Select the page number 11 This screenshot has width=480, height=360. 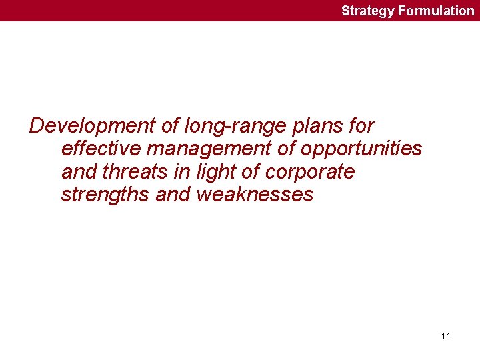(x=445, y=336)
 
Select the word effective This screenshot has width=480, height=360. (x=101, y=149)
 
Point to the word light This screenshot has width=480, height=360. (x=223, y=172)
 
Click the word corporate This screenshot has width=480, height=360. (x=310, y=172)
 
